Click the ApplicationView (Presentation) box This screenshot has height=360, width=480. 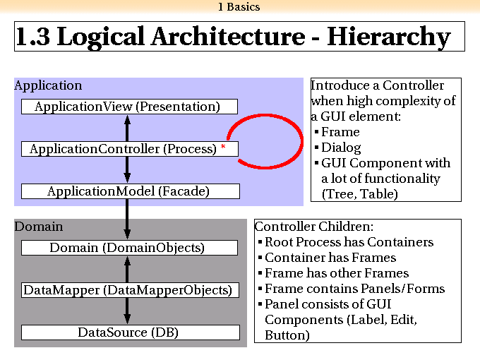pyautogui.click(x=129, y=107)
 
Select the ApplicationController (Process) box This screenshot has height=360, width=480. pyautogui.click(x=129, y=149)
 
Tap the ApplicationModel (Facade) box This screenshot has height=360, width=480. pyautogui.click(x=131, y=191)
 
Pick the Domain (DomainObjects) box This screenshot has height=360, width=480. pyautogui.click(x=129, y=248)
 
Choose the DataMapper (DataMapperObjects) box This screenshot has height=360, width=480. pyautogui.click(x=130, y=290)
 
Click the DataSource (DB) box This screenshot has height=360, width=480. pyautogui.click(x=131, y=332)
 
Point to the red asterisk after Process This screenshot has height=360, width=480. pyautogui.click(x=223, y=147)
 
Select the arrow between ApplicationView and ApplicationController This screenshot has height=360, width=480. pyautogui.click(x=127, y=128)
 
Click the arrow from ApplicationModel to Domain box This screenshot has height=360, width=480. pyautogui.click(x=127, y=220)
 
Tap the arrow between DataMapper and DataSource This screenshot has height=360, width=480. pyautogui.click(x=127, y=311)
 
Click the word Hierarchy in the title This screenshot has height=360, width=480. pyautogui.click(x=389, y=37)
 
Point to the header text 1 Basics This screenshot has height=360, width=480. pyautogui.click(x=239, y=7)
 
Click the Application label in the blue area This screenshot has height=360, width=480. pyautogui.click(x=48, y=85)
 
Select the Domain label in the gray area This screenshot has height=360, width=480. pyautogui.click(x=39, y=227)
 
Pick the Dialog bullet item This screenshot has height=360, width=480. pyautogui.click(x=341, y=148)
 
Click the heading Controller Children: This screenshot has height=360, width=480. pyautogui.click(x=314, y=227)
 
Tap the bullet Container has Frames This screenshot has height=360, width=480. pyautogui.click(x=330, y=258)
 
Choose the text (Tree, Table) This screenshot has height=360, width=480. pyautogui.click(x=360, y=194)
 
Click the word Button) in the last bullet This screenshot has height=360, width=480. pyautogui.click(x=287, y=335)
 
